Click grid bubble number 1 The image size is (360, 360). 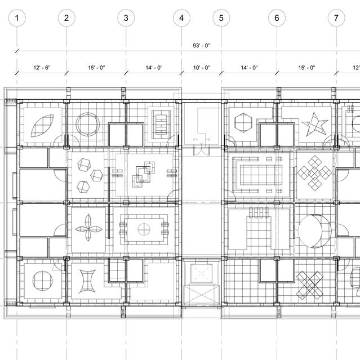click(x=17, y=18)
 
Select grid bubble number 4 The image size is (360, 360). click(x=181, y=18)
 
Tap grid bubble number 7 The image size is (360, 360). click(x=336, y=18)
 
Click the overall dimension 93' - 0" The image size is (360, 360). click(x=201, y=46)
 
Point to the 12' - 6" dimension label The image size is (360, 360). click(x=42, y=68)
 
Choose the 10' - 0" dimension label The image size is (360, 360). click(x=202, y=68)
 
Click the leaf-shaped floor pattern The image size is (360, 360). click(x=42, y=126)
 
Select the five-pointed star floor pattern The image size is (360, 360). click(x=314, y=124)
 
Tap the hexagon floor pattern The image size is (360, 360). click(x=243, y=122)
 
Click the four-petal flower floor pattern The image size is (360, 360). click(x=88, y=228)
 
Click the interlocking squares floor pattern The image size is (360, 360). click(x=143, y=174)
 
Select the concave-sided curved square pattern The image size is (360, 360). click(x=87, y=281)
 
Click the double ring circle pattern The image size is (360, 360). click(x=88, y=124)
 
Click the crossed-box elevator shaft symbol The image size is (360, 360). click(x=201, y=295)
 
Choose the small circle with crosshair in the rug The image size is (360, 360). click(x=144, y=229)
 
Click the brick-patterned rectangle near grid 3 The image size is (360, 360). click(x=161, y=125)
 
